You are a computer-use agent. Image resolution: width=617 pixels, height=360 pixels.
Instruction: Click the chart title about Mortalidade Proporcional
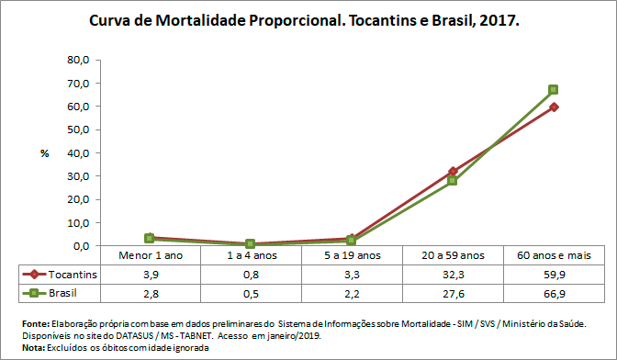(x=305, y=18)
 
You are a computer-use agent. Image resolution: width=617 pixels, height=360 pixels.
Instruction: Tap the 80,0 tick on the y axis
(x=78, y=60)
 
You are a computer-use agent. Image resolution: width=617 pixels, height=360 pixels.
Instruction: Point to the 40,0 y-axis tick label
(x=78, y=153)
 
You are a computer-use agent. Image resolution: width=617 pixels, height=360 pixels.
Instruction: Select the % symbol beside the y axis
(x=44, y=153)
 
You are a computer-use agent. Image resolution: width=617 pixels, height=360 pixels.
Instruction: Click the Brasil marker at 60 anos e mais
(x=554, y=90)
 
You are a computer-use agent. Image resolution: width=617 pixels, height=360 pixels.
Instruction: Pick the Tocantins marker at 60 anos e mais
(x=554, y=107)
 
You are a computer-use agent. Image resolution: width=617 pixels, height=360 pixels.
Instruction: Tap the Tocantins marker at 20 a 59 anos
(x=453, y=171)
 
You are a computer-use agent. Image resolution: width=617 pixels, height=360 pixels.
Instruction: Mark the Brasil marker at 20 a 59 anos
(x=453, y=181)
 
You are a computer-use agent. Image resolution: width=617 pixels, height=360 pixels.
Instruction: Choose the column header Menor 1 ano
(x=150, y=255)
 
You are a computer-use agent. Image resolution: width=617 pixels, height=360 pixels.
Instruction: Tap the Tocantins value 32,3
(x=453, y=275)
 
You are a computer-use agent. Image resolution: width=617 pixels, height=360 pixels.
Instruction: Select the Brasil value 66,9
(x=554, y=293)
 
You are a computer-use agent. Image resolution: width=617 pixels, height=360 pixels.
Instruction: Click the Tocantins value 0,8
(x=251, y=275)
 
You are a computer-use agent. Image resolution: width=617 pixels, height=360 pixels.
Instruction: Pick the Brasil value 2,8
(x=150, y=293)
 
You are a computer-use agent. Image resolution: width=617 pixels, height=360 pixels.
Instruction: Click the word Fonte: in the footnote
(x=36, y=324)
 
